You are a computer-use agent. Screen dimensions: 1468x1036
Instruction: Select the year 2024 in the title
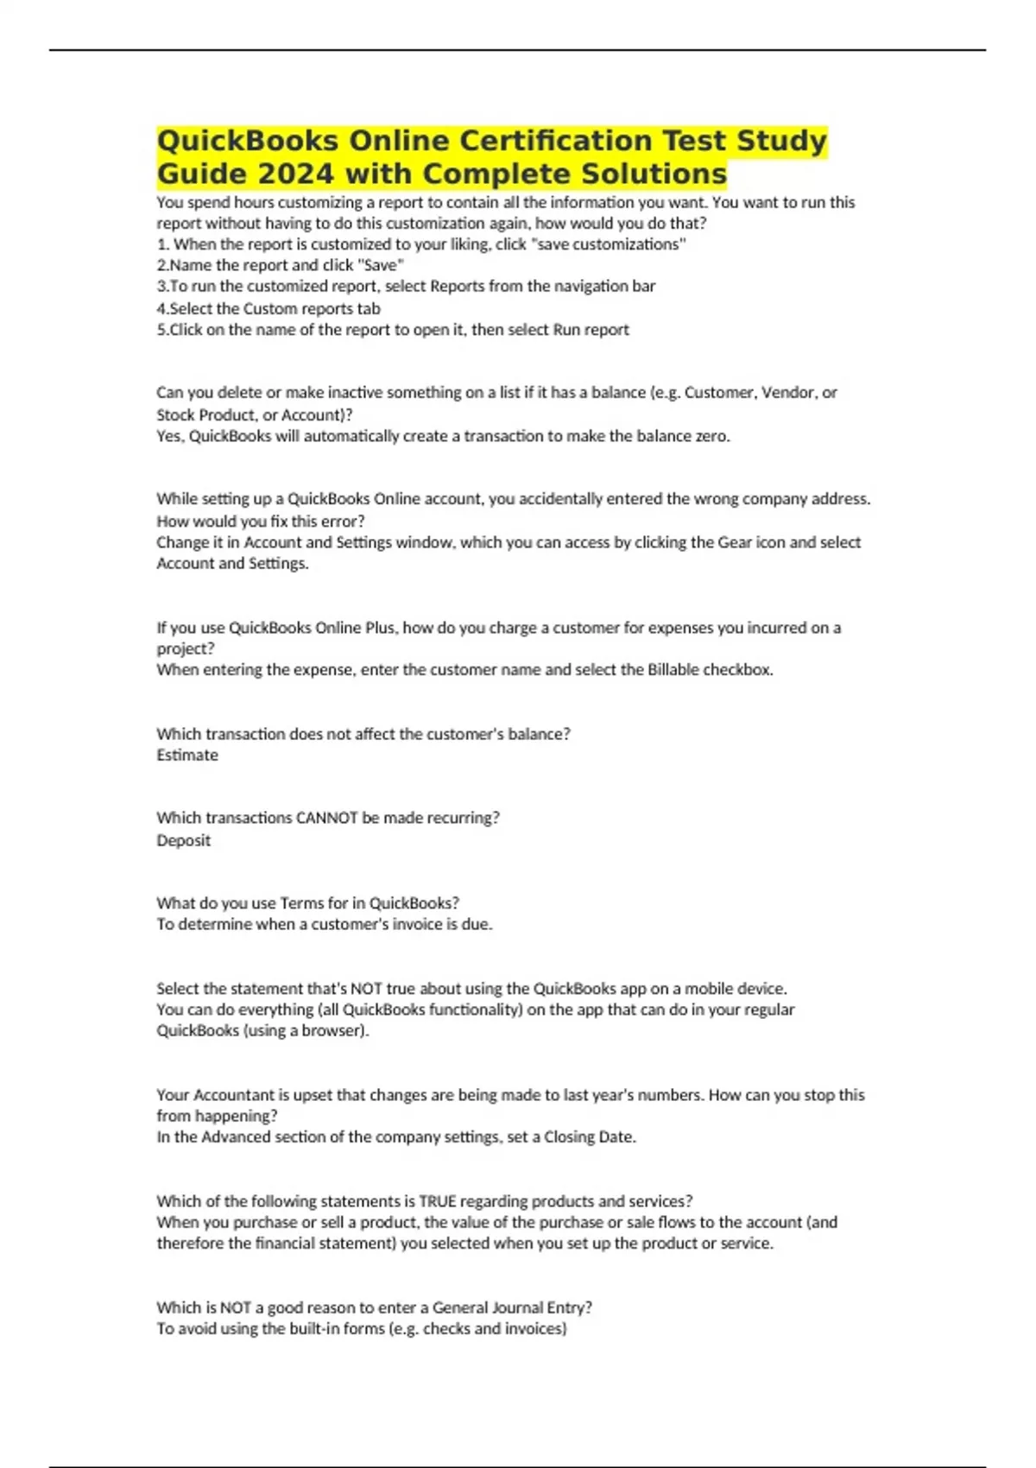pos(294,174)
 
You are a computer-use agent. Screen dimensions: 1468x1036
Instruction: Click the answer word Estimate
pos(187,755)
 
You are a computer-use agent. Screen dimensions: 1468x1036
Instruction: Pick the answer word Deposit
pos(183,840)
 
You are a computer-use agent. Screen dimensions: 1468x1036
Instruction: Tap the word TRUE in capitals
pos(438,1201)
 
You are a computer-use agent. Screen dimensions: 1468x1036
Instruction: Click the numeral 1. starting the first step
pos(162,244)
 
